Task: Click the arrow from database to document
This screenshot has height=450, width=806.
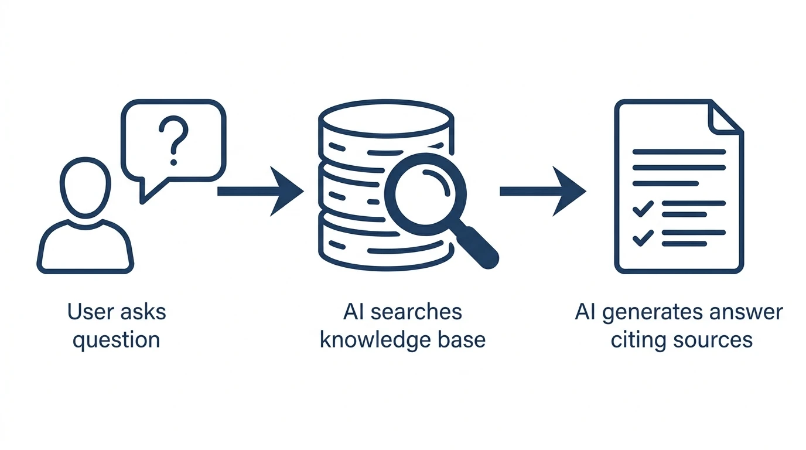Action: pos(542,191)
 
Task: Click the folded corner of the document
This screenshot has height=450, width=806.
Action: pos(725,117)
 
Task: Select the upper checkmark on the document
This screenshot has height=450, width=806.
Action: pos(643,208)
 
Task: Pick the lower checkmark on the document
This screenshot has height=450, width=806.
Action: pos(643,237)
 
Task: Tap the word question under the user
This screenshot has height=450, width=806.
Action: pos(116,340)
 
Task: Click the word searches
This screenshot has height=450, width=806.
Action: pos(418,312)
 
